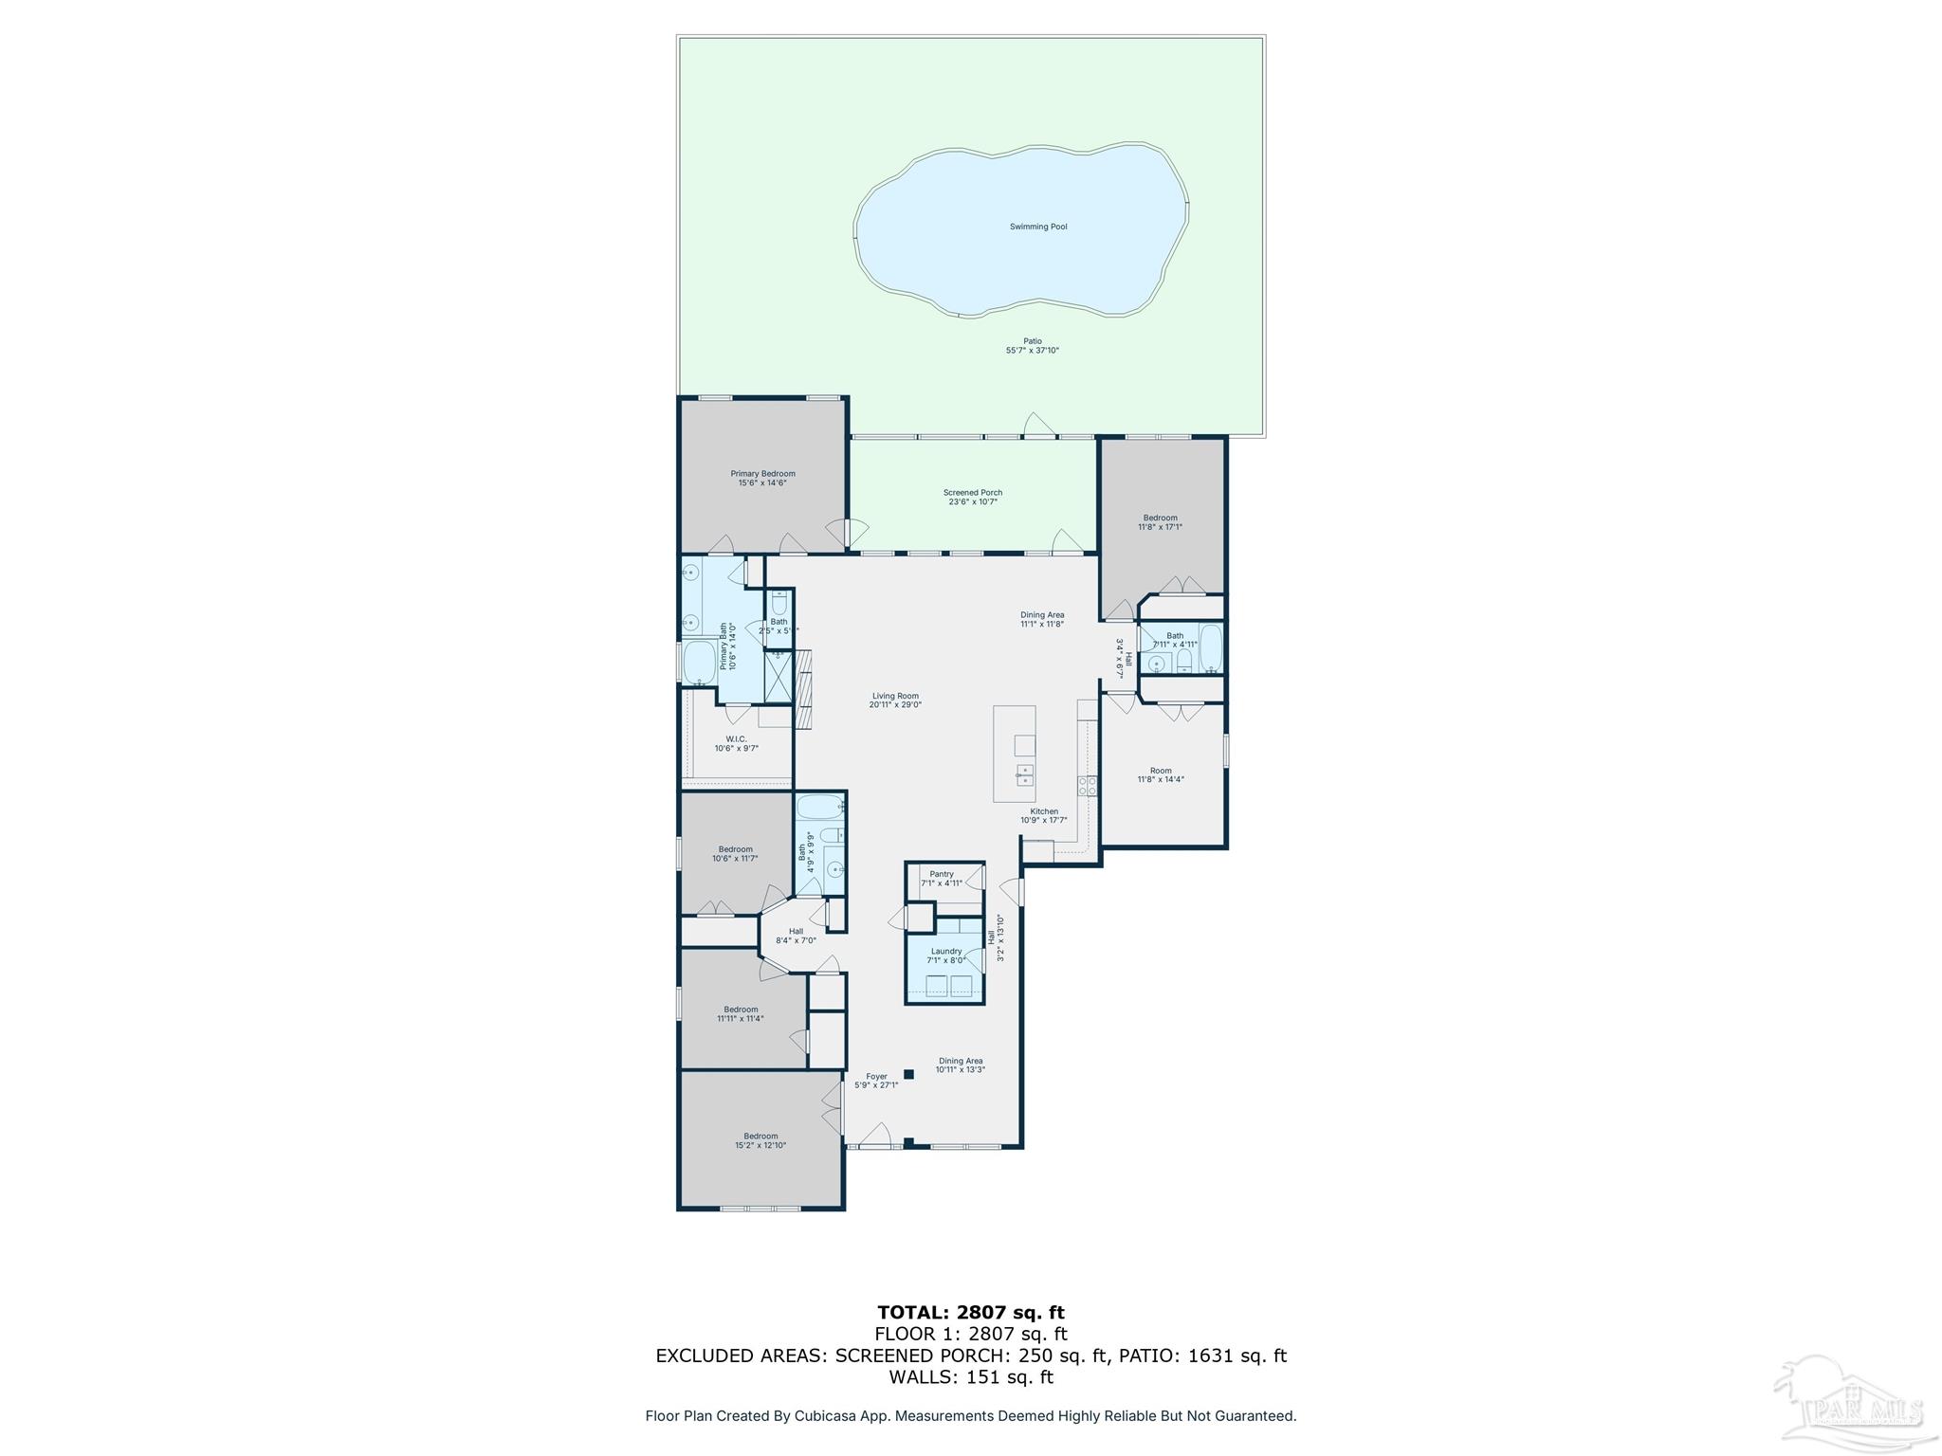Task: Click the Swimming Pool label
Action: click(x=1038, y=227)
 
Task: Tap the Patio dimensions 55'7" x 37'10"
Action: click(x=1032, y=351)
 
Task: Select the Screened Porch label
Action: click(x=972, y=493)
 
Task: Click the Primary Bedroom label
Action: click(x=762, y=474)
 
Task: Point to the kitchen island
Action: click(x=1014, y=754)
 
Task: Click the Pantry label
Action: click(x=941, y=874)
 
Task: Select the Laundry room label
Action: click(x=945, y=951)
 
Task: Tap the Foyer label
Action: click(x=876, y=1077)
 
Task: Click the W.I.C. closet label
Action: click(x=736, y=739)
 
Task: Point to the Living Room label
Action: click(x=895, y=696)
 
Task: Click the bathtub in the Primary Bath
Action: click(x=700, y=662)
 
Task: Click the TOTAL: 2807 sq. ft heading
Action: click(x=970, y=1313)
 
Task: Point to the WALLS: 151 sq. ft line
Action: click(x=970, y=1377)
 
